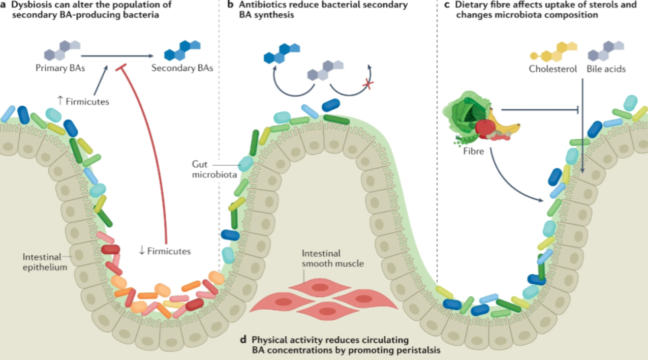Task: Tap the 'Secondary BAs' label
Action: click(x=182, y=68)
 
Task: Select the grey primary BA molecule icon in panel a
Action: click(x=62, y=49)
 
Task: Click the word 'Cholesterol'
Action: click(x=553, y=69)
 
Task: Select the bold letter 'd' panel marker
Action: click(x=245, y=340)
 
